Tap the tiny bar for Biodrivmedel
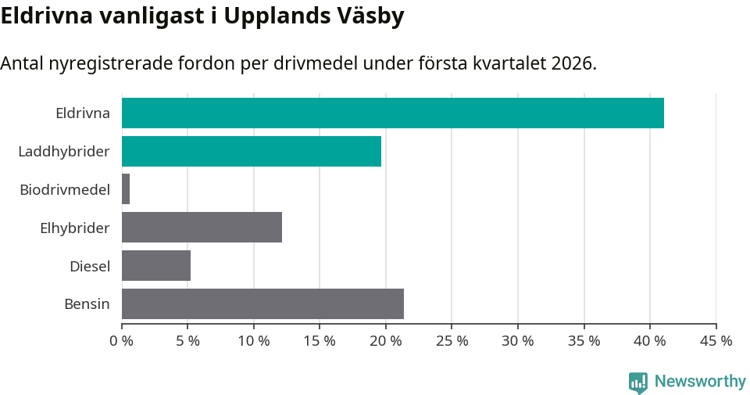coord(126,189)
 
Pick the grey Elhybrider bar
coord(202,228)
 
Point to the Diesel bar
coord(156,266)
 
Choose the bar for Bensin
coord(262,303)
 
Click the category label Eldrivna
coord(82,113)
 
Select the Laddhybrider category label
coord(63,151)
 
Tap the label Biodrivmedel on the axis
coord(64,189)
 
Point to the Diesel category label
coord(89,266)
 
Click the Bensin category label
coord(87,303)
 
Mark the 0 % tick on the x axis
coord(122,341)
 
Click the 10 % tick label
coord(254,341)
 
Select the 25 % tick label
coord(452,341)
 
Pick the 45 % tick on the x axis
coord(716,341)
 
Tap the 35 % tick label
coord(584,341)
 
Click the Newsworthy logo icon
coord(638,382)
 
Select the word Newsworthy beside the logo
coord(700,381)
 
